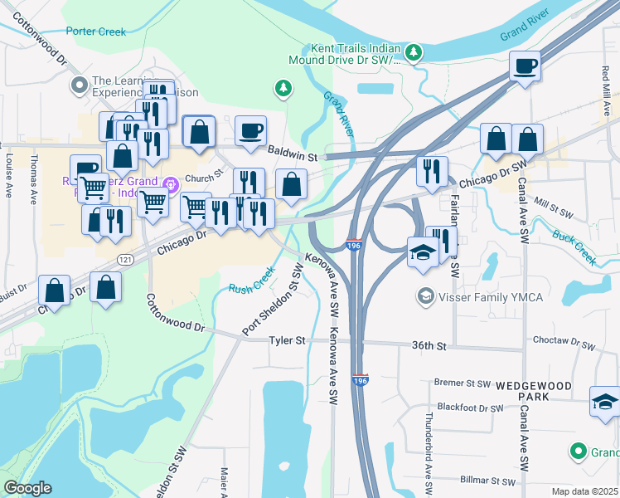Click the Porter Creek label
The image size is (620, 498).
96,32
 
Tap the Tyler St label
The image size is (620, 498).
288,340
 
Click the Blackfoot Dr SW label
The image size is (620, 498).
470,408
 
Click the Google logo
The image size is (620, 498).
27,487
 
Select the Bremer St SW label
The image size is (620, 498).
463,383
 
